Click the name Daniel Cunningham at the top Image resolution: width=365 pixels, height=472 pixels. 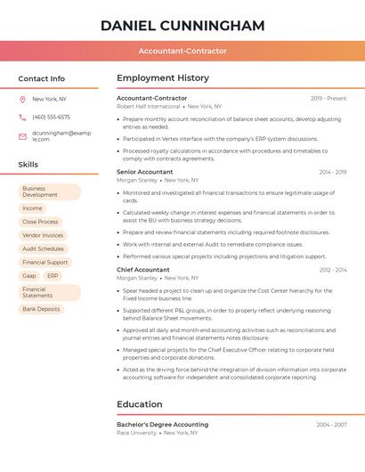(182, 25)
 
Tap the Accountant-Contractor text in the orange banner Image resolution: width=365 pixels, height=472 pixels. (182, 51)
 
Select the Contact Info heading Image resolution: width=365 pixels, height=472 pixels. (42, 78)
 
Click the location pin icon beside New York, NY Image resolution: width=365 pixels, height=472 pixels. (22, 99)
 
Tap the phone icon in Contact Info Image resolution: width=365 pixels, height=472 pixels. (22, 117)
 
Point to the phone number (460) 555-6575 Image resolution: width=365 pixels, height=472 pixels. (51, 117)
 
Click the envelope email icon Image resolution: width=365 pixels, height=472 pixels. (22, 136)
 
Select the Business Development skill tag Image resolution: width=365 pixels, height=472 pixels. (48, 191)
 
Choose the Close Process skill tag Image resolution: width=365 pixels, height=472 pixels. (40, 222)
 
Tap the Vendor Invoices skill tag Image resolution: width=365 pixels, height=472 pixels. (43, 235)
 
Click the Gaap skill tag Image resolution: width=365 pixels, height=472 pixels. (29, 276)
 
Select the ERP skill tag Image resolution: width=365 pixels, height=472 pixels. (53, 276)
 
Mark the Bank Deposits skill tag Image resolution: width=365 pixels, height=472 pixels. (41, 309)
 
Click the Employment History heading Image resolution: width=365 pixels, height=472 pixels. (163, 78)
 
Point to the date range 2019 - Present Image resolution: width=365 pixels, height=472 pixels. (328, 98)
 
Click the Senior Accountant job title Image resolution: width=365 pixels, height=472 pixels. (145, 172)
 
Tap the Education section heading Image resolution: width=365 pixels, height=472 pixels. (140, 404)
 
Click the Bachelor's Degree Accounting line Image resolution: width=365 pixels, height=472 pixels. (162, 425)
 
